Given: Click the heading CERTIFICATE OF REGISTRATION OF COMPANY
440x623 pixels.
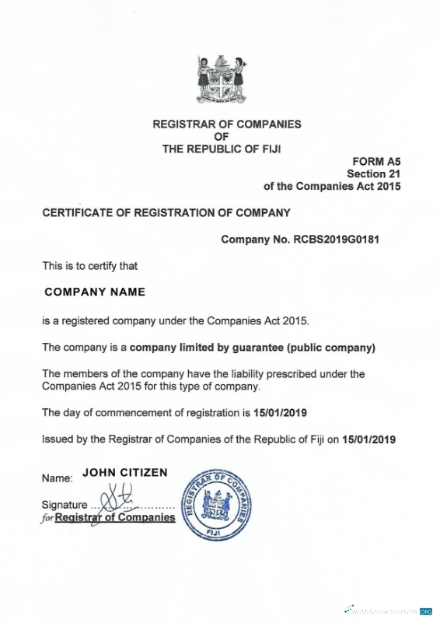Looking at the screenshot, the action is click(x=166, y=212).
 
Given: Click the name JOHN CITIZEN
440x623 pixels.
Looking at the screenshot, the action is click(x=125, y=473).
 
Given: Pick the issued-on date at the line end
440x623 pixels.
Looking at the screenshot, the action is click(x=368, y=439).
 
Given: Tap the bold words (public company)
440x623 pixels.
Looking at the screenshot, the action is click(x=330, y=346).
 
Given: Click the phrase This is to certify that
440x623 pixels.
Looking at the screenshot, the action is click(x=89, y=265).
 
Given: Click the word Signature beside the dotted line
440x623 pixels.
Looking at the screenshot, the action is click(x=65, y=505).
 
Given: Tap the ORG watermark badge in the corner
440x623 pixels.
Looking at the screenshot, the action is click(x=425, y=612).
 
